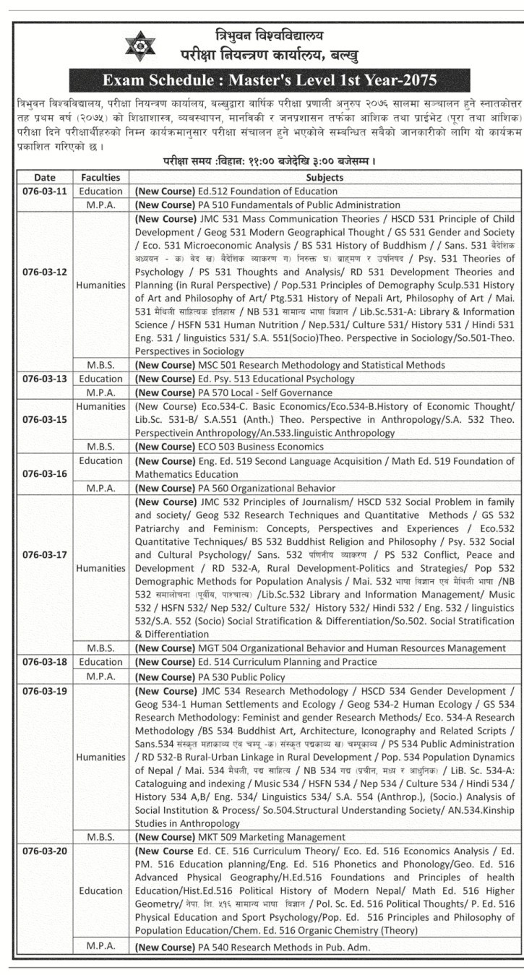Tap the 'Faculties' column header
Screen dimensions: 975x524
click(101, 177)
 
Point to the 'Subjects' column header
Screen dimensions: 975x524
click(325, 177)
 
